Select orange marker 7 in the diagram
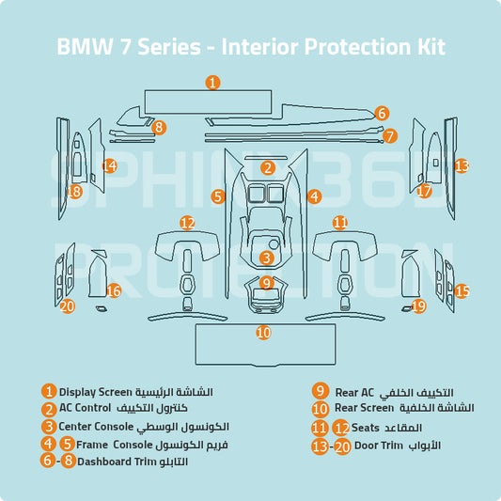pyautogui.click(x=390, y=136)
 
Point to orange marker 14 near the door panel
pyautogui.click(x=110, y=165)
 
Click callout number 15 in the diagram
pyautogui.click(x=462, y=290)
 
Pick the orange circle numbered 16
pyautogui.click(x=114, y=291)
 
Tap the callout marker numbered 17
pyautogui.click(x=424, y=191)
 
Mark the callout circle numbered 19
pyautogui.click(x=419, y=305)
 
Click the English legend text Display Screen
pyautogui.click(x=96, y=391)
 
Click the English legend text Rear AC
pyautogui.click(x=354, y=391)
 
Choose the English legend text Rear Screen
pyautogui.click(x=365, y=409)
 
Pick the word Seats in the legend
pyautogui.click(x=366, y=427)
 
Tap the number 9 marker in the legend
pyautogui.click(x=321, y=391)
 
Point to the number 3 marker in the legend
pyautogui.click(x=48, y=427)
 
